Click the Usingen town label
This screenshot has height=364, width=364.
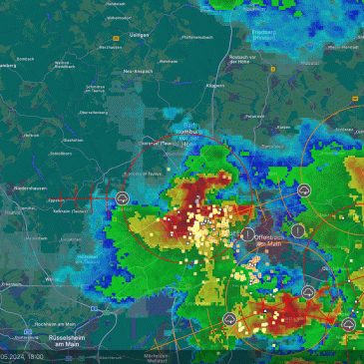click(139, 35)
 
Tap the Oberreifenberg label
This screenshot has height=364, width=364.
click(94, 113)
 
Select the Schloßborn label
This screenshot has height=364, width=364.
click(61, 154)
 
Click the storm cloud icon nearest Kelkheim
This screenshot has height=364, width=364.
click(121, 199)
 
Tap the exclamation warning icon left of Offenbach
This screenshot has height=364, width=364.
click(246, 233)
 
